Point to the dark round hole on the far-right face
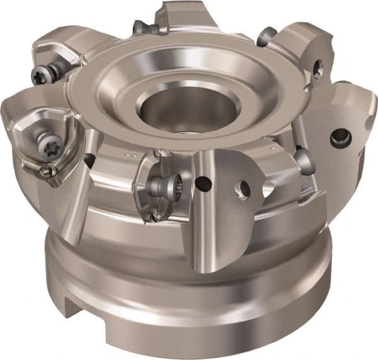coord(341,134)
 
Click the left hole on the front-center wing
coord(203,184)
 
